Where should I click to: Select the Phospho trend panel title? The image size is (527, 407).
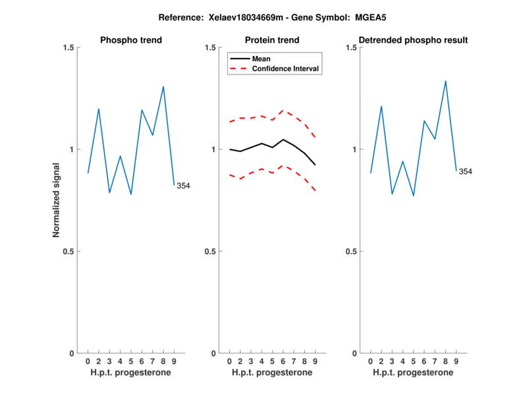point(130,40)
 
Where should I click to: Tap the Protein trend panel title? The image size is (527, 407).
point(272,40)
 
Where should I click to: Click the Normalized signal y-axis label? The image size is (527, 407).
point(57,200)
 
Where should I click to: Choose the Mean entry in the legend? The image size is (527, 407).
point(262,59)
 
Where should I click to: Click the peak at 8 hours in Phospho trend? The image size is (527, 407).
point(163,86)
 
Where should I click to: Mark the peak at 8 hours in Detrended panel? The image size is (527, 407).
point(446,81)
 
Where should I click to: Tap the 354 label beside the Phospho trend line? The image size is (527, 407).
point(183,186)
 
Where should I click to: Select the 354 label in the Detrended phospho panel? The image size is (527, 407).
point(465,172)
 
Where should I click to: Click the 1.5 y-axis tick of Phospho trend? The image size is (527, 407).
point(69,47)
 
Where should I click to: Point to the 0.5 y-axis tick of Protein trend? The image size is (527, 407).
point(210,252)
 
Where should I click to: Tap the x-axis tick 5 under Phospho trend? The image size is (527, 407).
point(131,361)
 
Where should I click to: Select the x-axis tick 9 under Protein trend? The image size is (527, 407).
point(315,361)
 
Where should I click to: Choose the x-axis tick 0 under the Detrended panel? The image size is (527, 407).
point(370,361)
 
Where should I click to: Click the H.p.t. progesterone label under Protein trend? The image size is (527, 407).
point(272,373)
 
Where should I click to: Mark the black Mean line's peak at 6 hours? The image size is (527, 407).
point(283,140)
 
